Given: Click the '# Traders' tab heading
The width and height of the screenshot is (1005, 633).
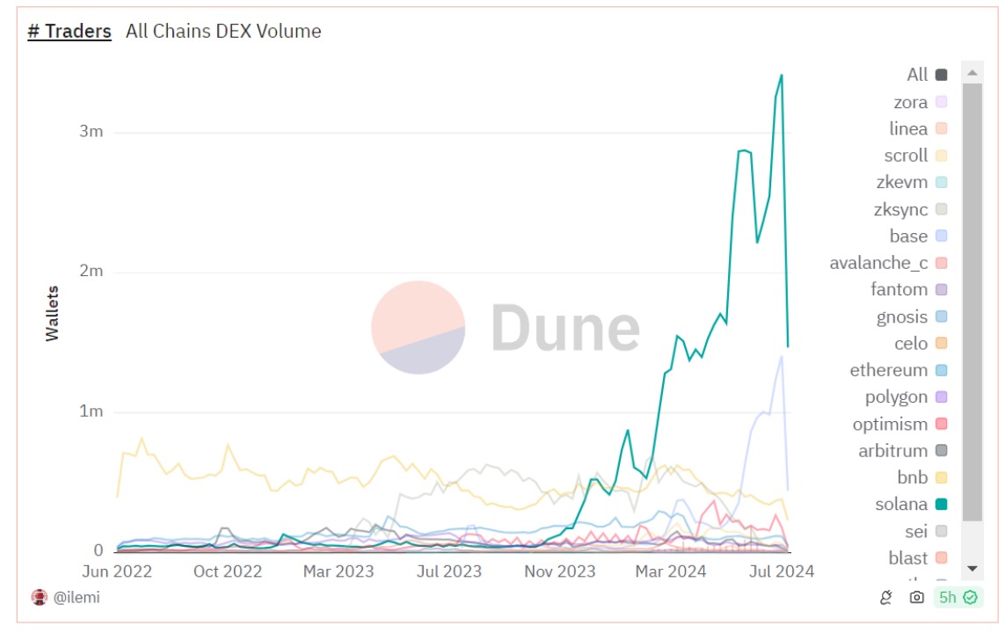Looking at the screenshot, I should (x=69, y=32).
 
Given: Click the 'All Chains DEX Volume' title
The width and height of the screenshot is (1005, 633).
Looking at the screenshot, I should (x=223, y=32).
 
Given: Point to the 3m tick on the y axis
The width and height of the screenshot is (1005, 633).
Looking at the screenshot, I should (x=91, y=132).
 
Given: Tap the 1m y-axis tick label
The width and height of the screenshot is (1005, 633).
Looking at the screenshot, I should (x=91, y=411).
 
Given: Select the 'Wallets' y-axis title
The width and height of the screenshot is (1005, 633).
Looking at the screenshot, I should (x=53, y=313).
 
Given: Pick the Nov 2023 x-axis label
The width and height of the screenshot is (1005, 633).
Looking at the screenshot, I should (x=559, y=571).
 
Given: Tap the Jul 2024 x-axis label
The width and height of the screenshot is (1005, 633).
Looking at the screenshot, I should (x=778, y=571).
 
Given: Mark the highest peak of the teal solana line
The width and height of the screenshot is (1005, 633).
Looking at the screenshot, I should (x=781, y=76).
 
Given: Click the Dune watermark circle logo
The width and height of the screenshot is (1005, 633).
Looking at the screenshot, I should (x=418, y=328).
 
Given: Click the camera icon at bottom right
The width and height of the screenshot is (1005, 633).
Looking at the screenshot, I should (x=916, y=598).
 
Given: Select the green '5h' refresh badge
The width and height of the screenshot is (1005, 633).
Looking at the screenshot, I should (x=957, y=598).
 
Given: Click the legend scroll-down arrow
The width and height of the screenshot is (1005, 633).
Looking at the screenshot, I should (x=972, y=569).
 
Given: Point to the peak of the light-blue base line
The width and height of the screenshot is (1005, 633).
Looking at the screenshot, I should (x=781, y=355).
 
